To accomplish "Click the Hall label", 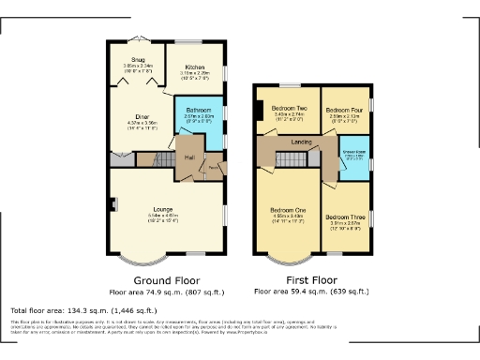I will tap(188, 157).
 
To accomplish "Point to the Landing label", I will tap(303, 142).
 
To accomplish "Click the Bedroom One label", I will tap(289, 210).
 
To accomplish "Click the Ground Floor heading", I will tap(166, 279).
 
